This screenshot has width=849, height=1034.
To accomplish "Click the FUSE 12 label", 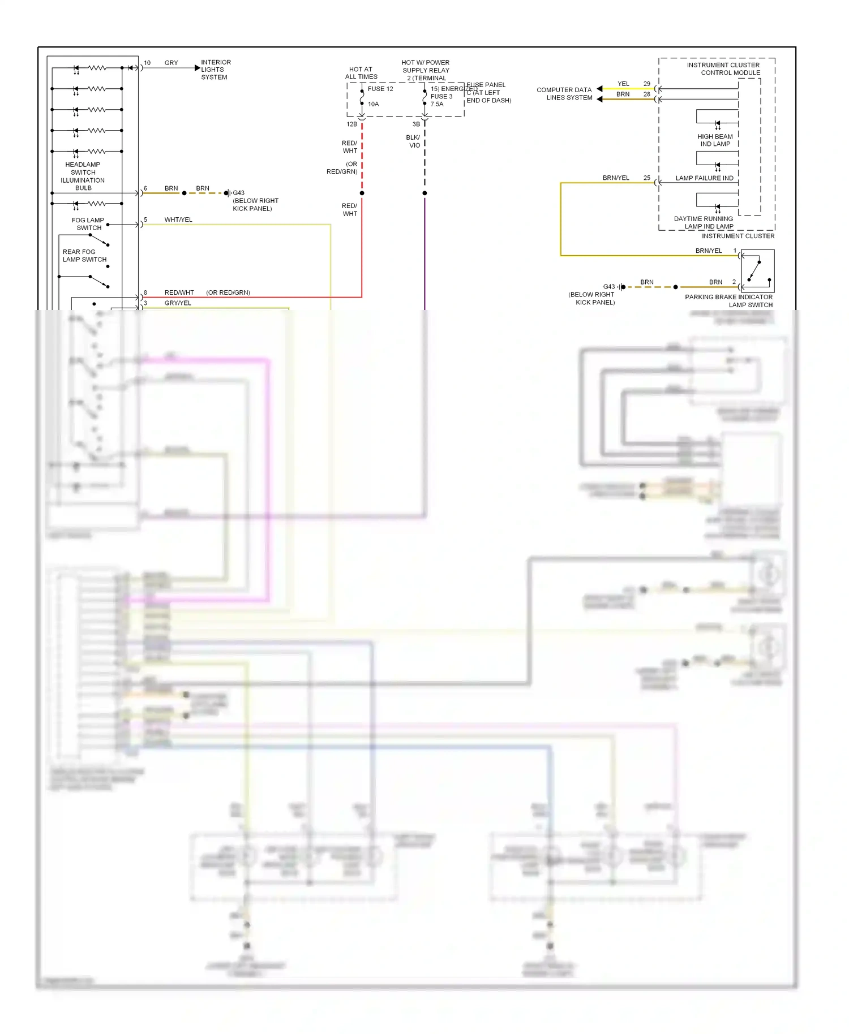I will click(x=380, y=89).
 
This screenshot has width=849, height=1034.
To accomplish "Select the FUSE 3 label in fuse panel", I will click(x=441, y=96).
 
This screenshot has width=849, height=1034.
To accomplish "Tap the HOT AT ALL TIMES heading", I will click(x=361, y=73).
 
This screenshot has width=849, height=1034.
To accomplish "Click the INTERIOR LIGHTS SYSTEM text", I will click(x=215, y=70).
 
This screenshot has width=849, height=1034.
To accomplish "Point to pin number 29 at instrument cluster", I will click(x=646, y=84).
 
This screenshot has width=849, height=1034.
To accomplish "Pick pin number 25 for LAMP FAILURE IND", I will click(x=646, y=178).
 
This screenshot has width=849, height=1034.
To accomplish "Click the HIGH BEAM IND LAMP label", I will click(x=715, y=140).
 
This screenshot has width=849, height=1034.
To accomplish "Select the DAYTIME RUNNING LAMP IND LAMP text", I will click(x=704, y=222).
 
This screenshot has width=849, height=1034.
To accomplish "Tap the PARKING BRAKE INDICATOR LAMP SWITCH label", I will click(x=729, y=301).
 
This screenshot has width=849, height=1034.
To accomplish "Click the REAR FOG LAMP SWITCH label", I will click(x=84, y=256).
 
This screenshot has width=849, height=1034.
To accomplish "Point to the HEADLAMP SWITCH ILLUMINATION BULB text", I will click(x=83, y=176).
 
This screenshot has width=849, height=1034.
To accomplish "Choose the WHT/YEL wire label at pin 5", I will click(x=178, y=219).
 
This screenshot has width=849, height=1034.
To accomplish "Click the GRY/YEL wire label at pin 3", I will click(x=178, y=303).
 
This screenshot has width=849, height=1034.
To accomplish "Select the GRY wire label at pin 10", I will click(x=171, y=63).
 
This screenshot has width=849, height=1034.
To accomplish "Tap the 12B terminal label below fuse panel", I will click(x=351, y=124).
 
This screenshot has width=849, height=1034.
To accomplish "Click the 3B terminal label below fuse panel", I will click(x=416, y=124).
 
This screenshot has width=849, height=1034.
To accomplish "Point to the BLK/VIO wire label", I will click(x=413, y=141).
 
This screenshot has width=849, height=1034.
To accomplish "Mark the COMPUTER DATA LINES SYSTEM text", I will click(x=564, y=94).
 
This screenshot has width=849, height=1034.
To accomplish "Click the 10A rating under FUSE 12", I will click(x=373, y=104).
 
